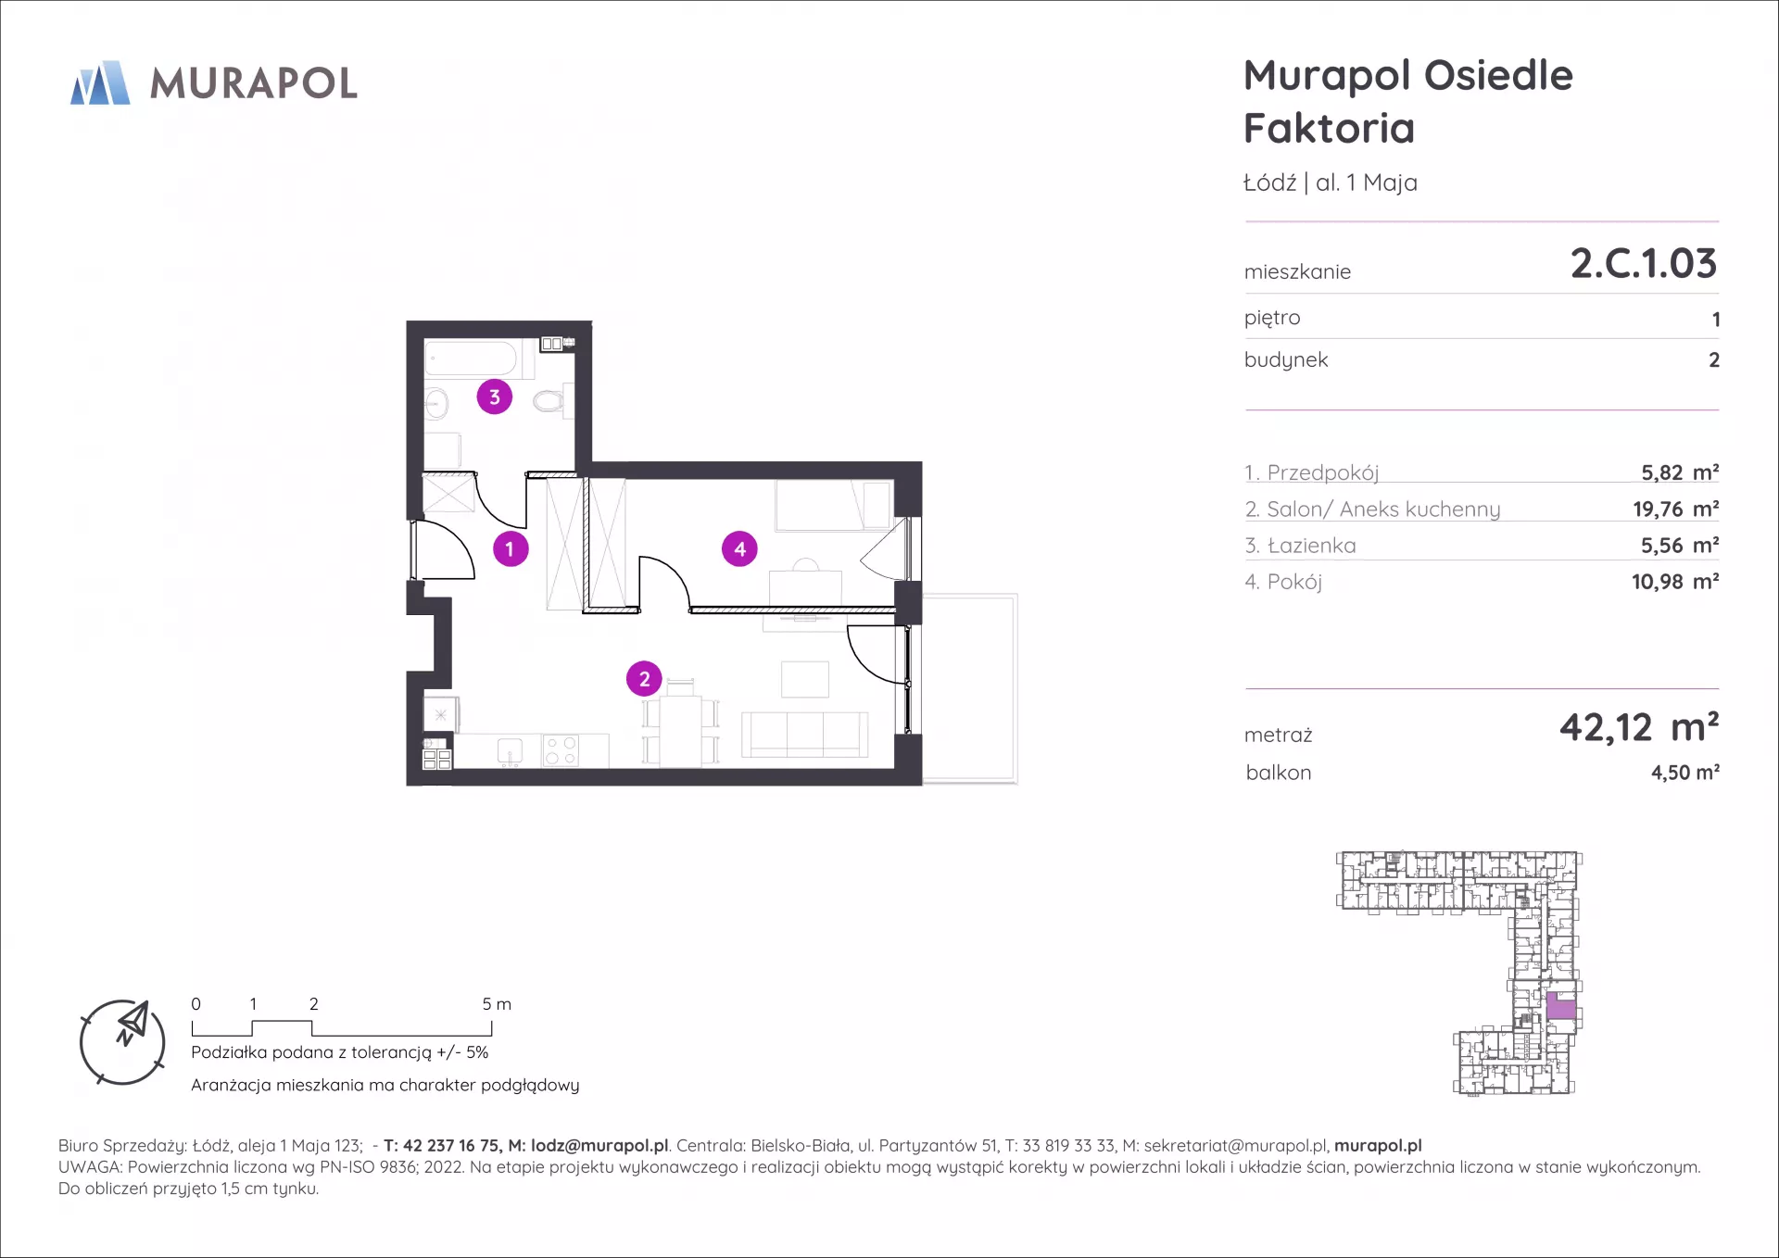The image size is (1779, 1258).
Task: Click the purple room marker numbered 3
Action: (495, 396)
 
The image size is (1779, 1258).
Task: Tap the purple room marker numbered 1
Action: (510, 548)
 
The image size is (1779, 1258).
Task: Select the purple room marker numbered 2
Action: (645, 679)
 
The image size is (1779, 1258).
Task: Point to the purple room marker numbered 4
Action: (739, 548)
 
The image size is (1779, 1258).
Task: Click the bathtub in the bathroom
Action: (471, 359)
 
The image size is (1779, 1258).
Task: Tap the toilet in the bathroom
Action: (549, 401)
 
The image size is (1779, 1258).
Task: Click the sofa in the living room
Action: (804, 735)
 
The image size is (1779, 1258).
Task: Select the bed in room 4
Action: (834, 505)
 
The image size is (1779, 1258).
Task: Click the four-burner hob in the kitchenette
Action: (561, 750)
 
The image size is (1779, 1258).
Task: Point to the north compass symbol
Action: (122, 1042)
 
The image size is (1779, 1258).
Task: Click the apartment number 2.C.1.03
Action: (1644, 263)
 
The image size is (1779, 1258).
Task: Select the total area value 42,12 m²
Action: (1639, 728)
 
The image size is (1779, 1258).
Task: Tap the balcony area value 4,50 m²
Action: (1684, 772)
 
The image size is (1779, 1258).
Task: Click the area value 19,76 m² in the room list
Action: (1675, 509)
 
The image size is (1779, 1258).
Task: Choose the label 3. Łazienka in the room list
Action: (1300, 546)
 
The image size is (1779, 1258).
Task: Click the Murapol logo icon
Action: (100, 82)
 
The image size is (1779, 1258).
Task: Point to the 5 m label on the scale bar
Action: (497, 1004)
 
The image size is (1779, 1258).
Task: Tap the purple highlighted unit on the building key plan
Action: (1561, 1006)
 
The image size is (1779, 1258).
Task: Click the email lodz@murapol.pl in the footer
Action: (599, 1146)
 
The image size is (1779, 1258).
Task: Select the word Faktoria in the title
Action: (1330, 128)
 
